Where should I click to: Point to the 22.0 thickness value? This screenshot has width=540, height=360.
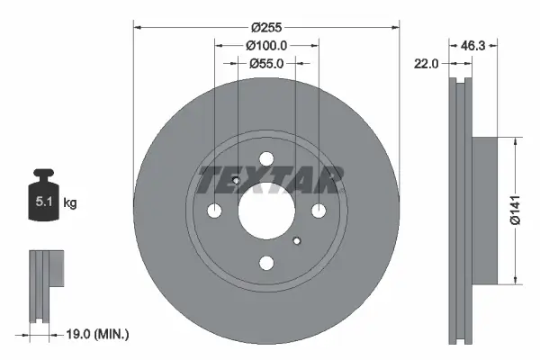(427, 64)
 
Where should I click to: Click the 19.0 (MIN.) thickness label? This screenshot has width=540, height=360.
(100, 335)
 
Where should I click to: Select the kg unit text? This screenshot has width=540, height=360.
(69, 203)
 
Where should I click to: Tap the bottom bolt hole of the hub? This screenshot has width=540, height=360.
(266, 263)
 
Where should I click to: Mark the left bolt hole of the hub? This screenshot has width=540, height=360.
(214, 211)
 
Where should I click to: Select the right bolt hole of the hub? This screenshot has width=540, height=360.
(319, 211)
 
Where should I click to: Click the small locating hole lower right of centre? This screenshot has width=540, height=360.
(297, 239)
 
